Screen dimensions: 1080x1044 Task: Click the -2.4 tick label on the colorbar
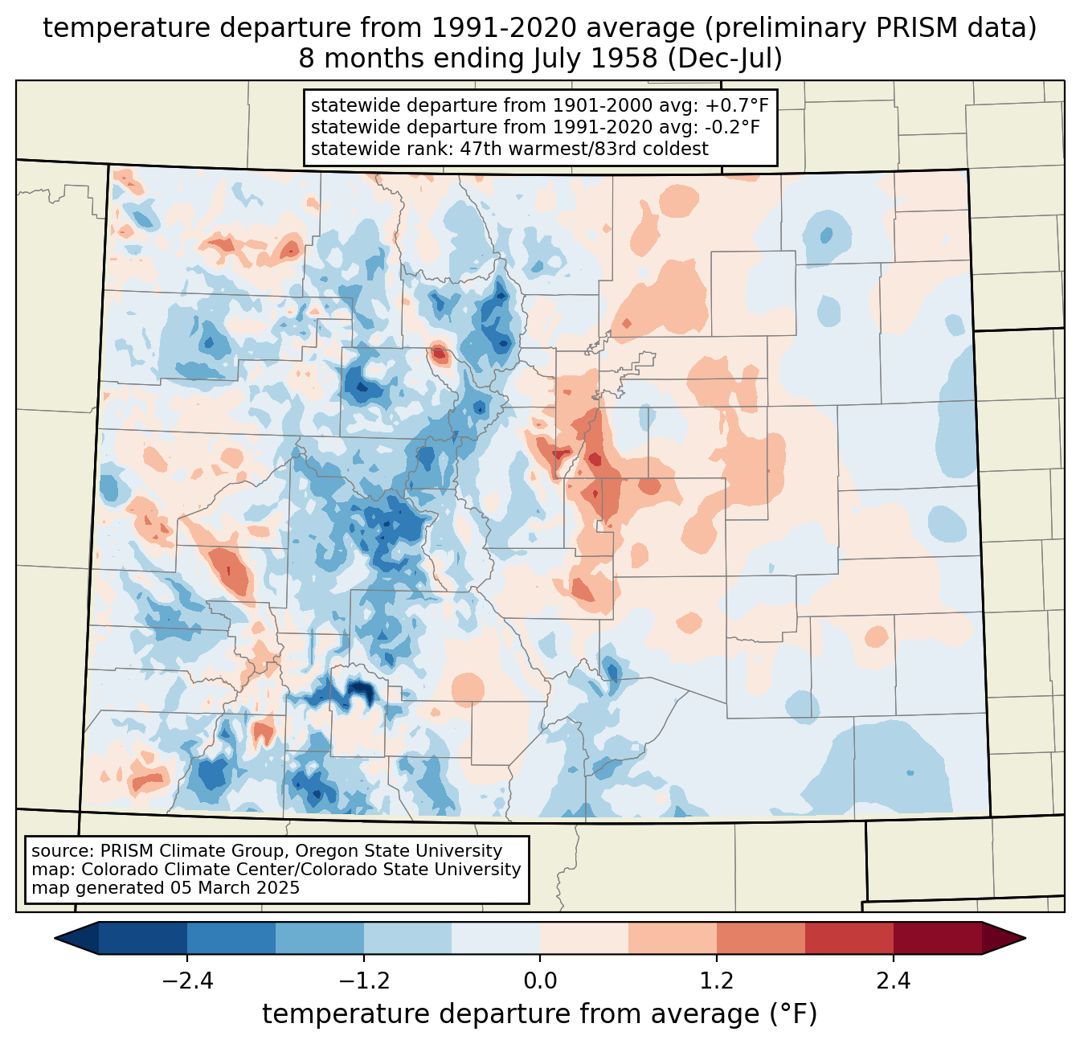(187, 981)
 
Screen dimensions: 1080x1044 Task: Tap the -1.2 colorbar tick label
(364, 981)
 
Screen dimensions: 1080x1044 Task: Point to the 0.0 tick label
(540, 981)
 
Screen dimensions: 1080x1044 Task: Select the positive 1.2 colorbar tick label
(717, 981)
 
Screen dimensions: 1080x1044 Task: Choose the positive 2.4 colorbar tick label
(893, 981)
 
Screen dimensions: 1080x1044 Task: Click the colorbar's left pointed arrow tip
(55, 939)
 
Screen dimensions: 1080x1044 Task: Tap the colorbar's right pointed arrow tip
(1026, 939)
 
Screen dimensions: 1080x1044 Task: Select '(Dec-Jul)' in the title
(724, 59)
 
